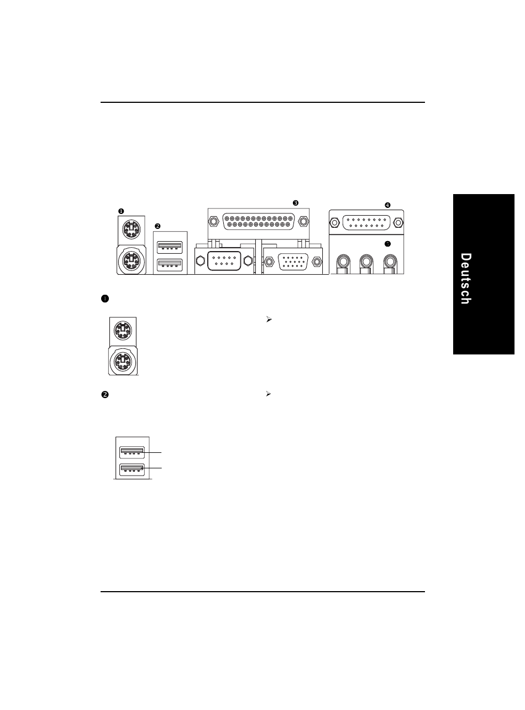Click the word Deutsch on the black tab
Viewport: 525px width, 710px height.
tap(466, 279)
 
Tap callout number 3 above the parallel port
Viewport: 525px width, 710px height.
tap(296, 203)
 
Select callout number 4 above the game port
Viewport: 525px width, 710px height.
tap(387, 205)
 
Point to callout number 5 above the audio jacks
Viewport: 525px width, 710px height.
tap(387, 243)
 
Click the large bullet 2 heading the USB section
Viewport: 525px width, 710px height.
tap(104, 395)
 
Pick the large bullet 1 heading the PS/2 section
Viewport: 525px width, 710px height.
tap(104, 299)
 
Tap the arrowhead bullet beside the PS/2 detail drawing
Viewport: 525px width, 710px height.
tap(268, 320)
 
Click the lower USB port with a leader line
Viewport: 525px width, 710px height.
tap(131, 469)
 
